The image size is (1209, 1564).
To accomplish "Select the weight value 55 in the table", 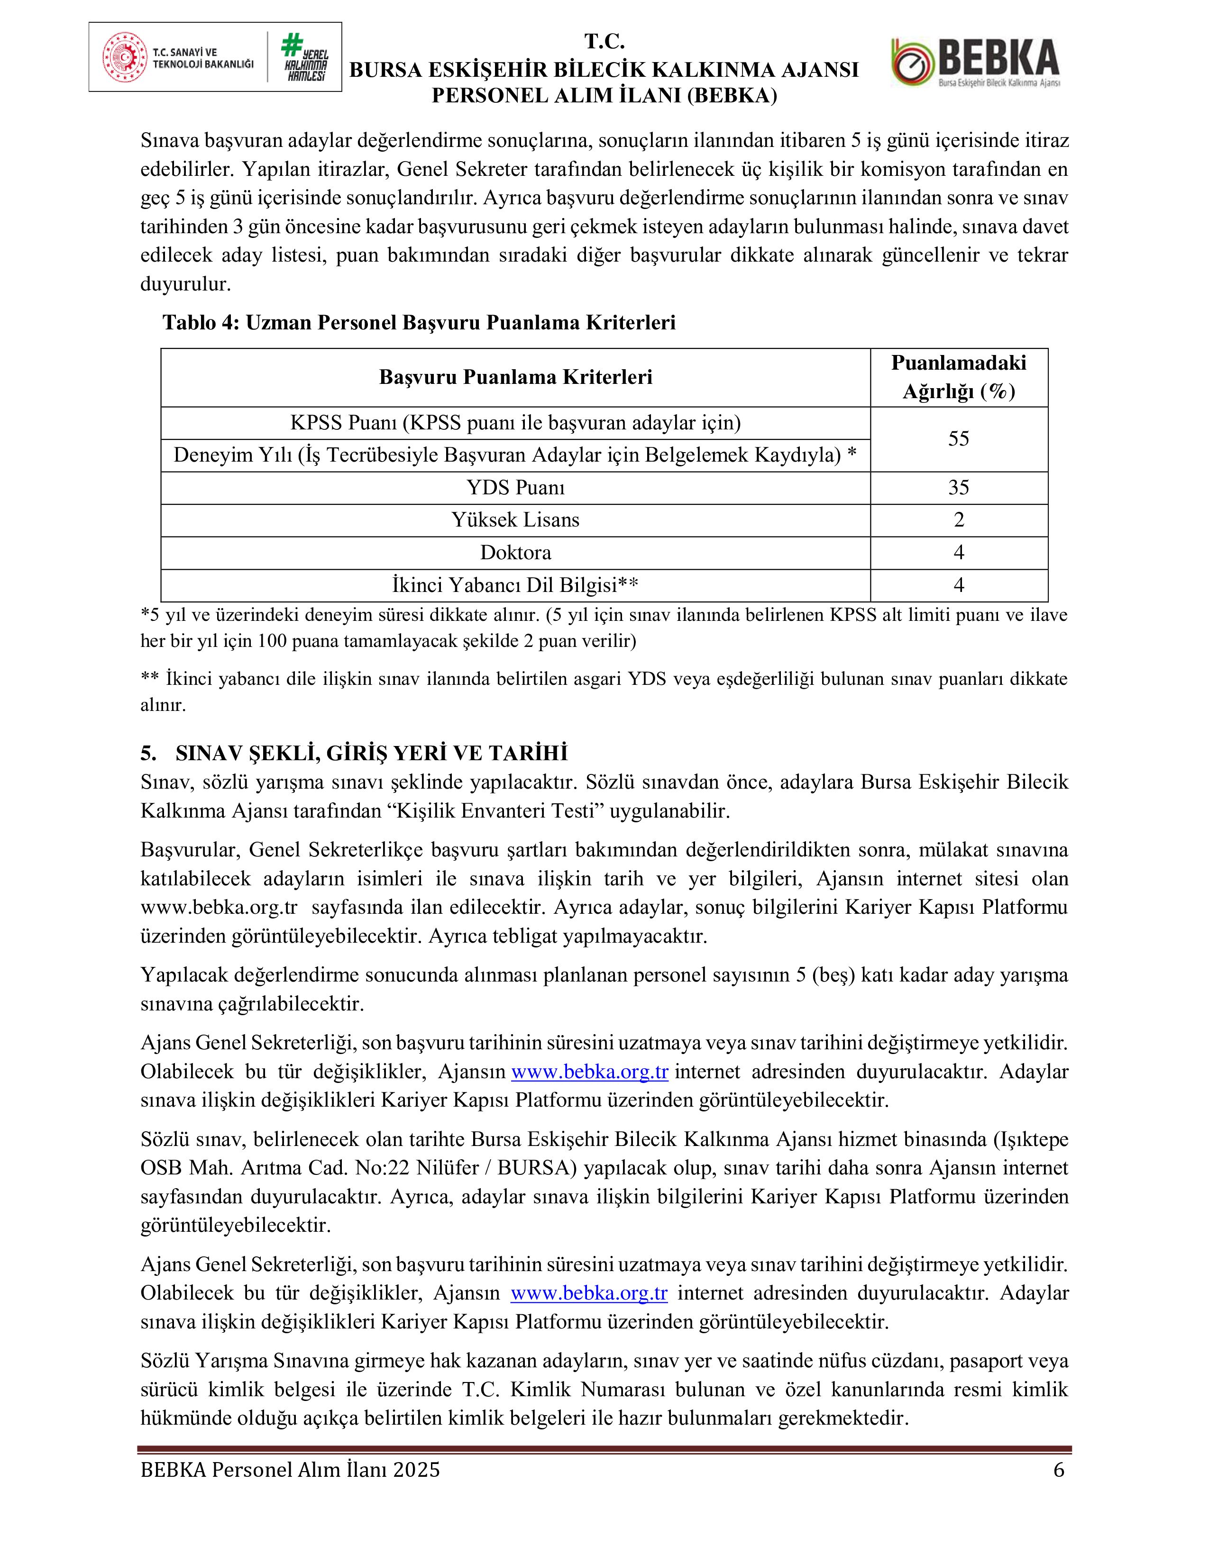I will (x=958, y=439).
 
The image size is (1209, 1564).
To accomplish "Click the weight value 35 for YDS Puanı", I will (x=958, y=488).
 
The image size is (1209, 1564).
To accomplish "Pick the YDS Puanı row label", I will (x=516, y=488).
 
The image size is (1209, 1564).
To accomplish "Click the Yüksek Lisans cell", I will (x=516, y=520).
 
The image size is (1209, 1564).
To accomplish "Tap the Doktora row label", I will (x=516, y=553).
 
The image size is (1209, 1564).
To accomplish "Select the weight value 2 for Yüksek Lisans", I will (x=958, y=520).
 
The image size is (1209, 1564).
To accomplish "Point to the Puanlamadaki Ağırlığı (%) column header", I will (x=958, y=377).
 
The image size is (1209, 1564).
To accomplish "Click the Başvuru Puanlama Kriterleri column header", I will (x=516, y=377).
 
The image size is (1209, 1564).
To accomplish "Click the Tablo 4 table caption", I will (x=419, y=323).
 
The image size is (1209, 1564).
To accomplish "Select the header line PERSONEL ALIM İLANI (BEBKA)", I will (x=604, y=96).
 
